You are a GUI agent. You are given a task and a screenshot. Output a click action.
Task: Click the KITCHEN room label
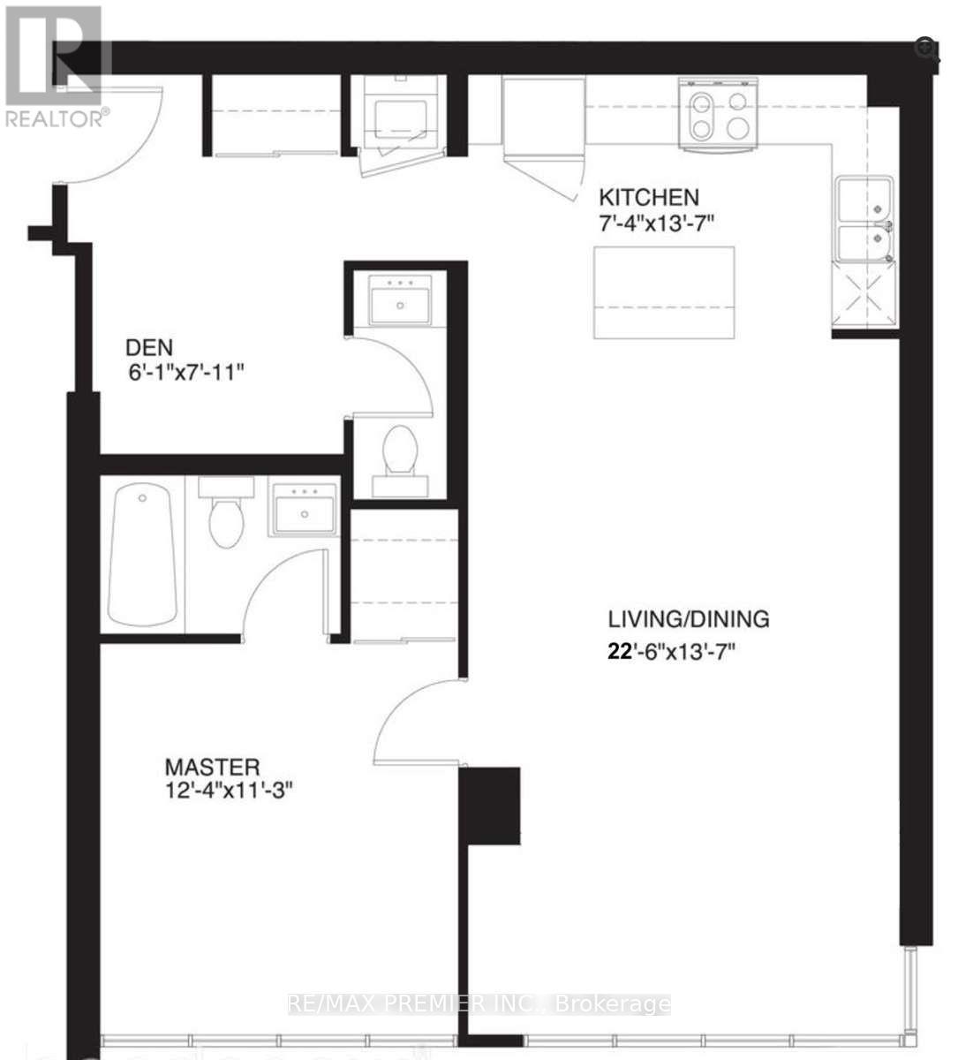tap(649, 197)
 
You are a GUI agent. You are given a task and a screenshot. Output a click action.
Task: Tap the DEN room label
tap(149, 347)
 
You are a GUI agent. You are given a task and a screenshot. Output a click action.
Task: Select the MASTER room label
tap(213, 767)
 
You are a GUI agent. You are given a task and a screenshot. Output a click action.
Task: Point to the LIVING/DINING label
tap(688, 618)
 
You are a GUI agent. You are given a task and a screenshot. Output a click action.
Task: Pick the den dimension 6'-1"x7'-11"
tap(185, 372)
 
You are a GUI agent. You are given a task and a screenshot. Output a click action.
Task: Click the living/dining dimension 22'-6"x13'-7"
tap(671, 653)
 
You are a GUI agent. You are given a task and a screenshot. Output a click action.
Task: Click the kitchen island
tap(664, 292)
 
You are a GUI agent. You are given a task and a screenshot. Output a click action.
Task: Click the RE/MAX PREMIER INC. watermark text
tap(479, 1004)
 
